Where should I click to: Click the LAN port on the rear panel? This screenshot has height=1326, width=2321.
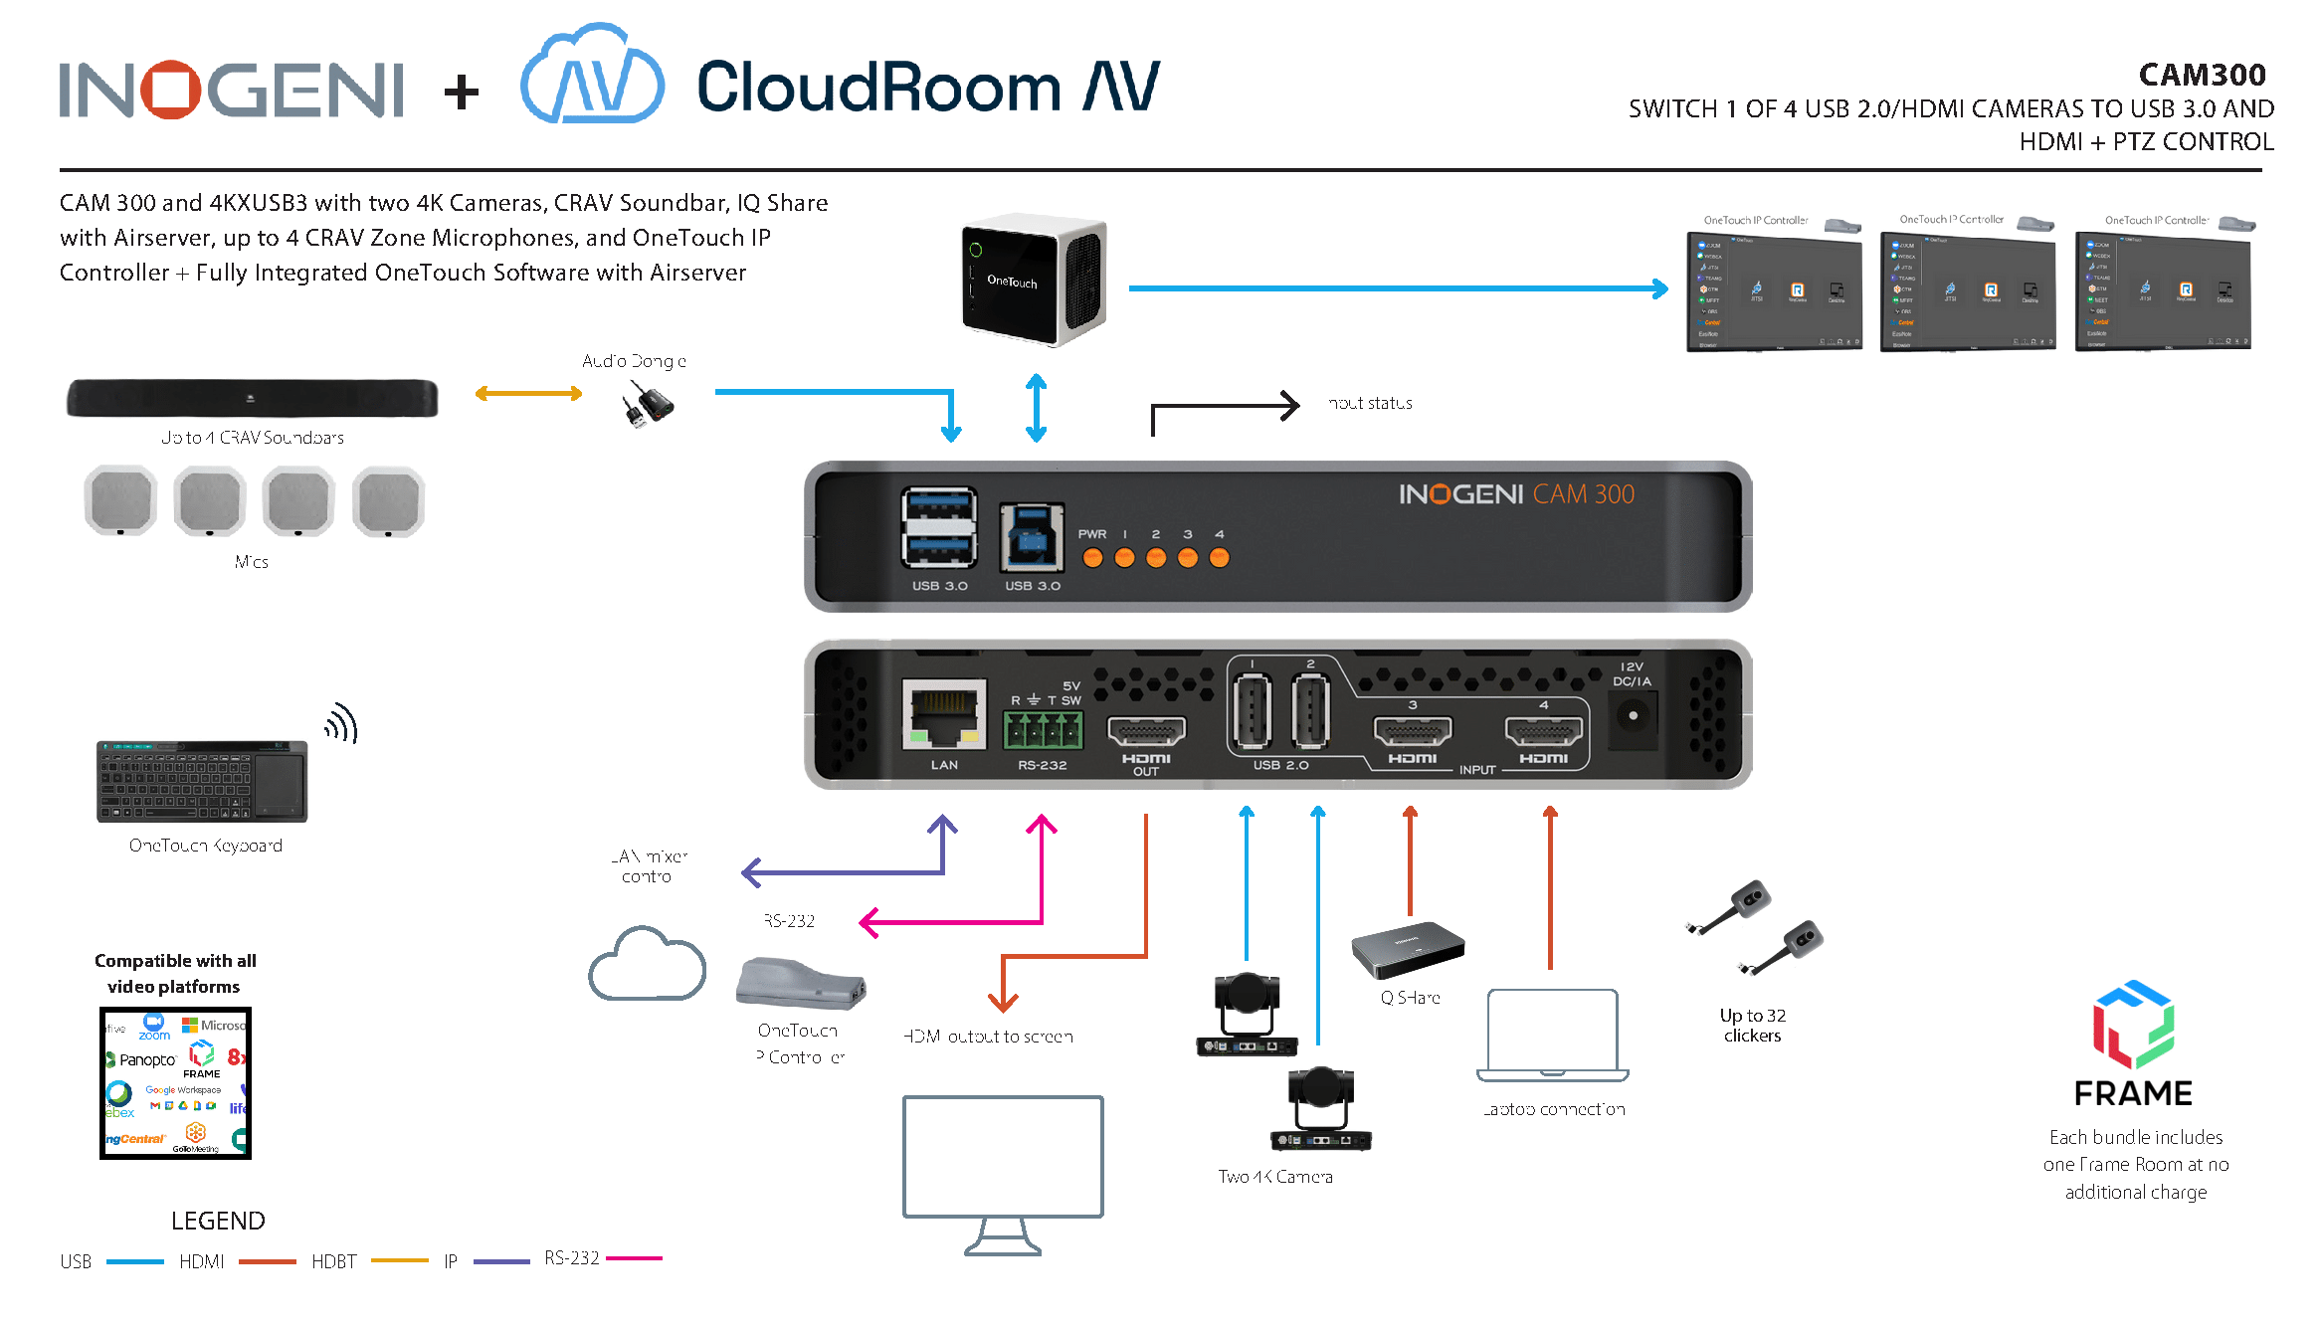[x=943, y=713]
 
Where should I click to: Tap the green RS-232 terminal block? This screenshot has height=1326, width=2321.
[x=1042, y=730]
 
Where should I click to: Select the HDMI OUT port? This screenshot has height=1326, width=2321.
[x=1146, y=732]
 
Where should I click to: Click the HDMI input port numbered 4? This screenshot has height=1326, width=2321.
[x=1543, y=731]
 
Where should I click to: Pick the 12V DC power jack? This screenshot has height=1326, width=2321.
[x=1633, y=716]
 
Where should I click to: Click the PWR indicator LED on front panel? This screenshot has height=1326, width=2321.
[x=1092, y=558]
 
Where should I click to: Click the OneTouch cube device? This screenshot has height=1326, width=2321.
[x=1034, y=280]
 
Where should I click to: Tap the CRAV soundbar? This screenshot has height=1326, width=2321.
[x=252, y=398]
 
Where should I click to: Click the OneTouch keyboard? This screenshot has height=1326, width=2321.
[x=202, y=782]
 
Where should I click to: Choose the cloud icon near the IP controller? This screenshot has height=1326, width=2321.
[x=647, y=965]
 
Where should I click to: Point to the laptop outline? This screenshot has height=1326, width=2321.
[x=1552, y=1035]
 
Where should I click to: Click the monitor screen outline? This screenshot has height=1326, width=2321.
[x=1003, y=1157]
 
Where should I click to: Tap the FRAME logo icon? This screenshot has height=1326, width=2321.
[x=2133, y=1025]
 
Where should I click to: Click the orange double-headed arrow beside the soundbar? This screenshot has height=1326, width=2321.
[x=528, y=394]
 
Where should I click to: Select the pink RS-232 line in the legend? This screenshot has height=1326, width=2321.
[x=634, y=1258]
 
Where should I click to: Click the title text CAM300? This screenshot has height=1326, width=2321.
[x=2202, y=75]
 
